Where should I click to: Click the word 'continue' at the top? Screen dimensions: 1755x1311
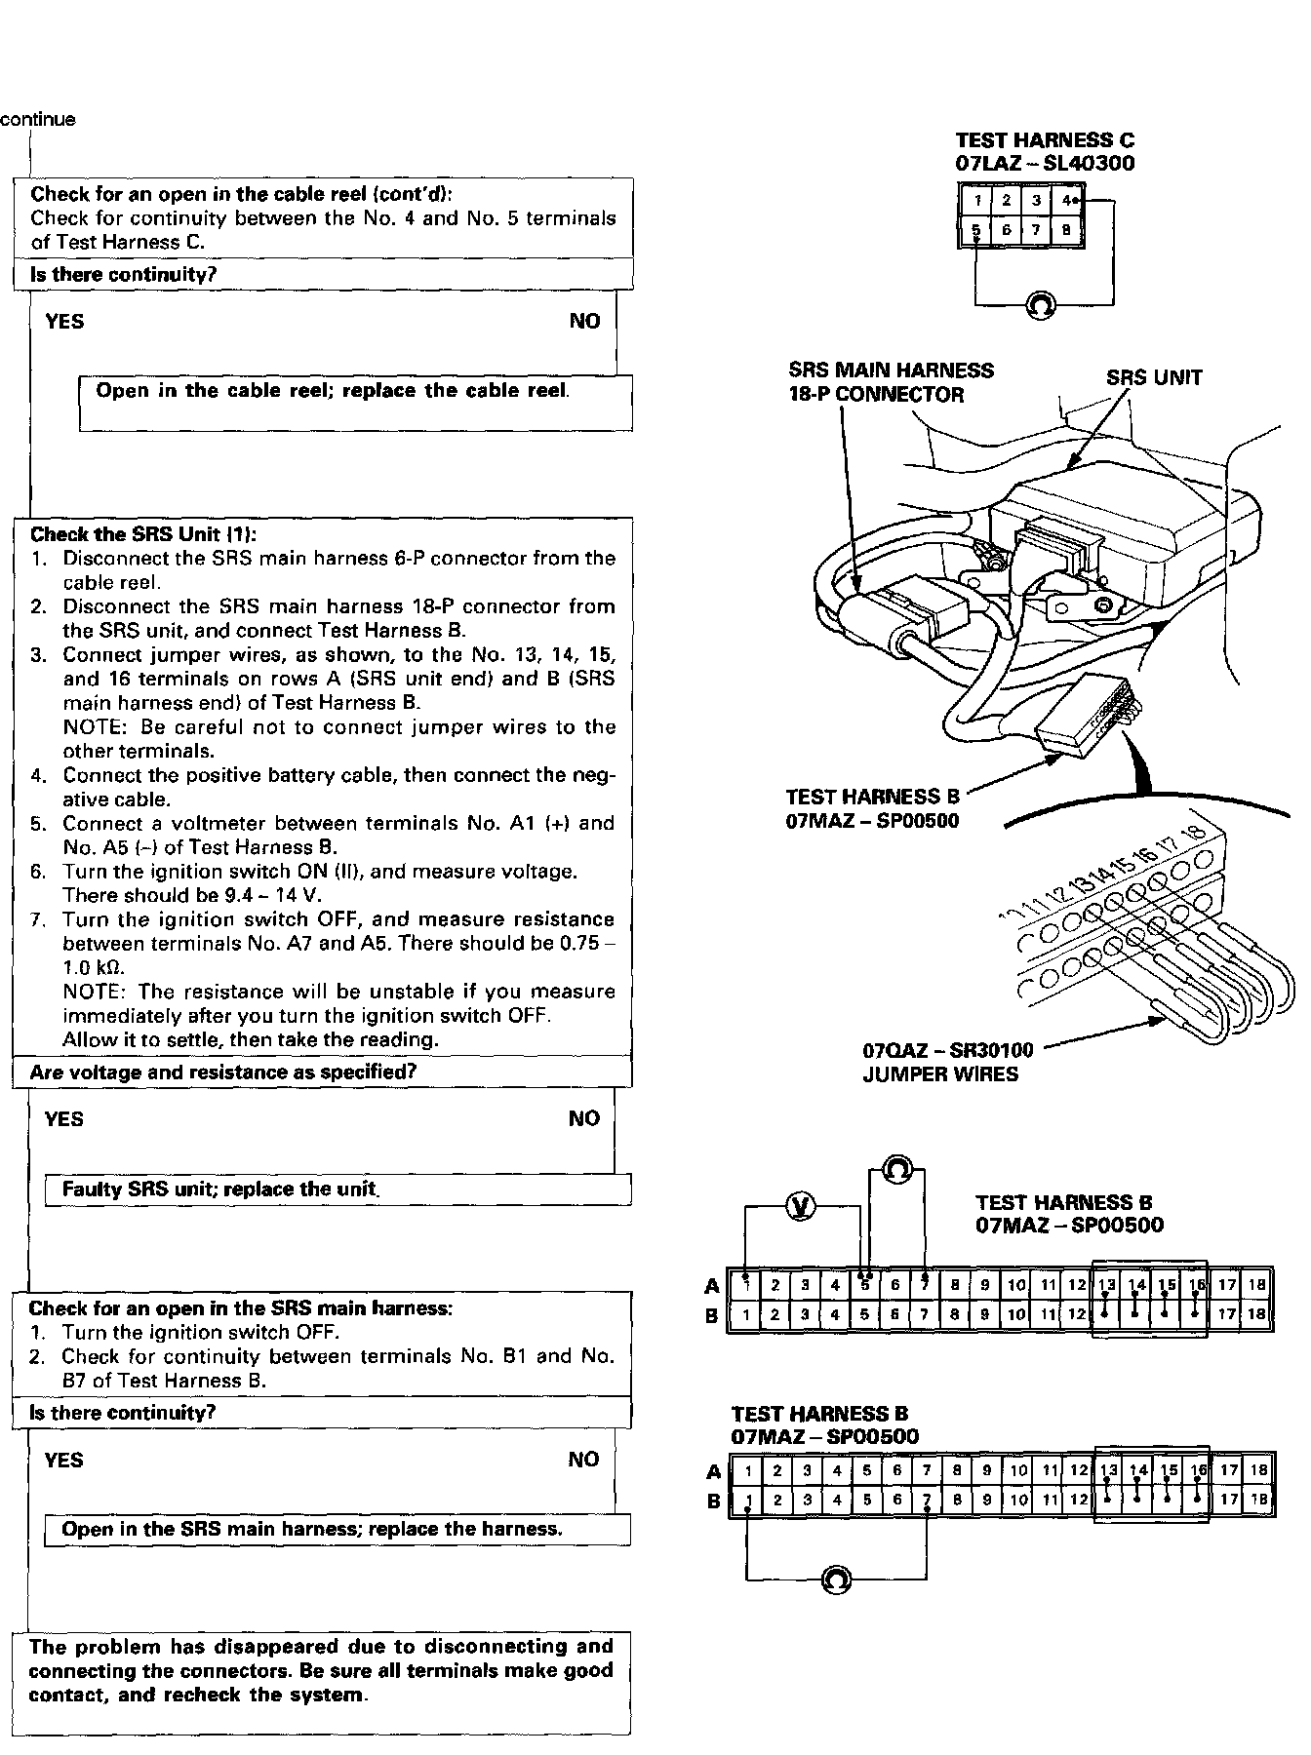coord(37,120)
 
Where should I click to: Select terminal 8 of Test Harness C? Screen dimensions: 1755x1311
coord(1066,231)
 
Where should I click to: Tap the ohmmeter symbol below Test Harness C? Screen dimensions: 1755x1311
coord(1039,305)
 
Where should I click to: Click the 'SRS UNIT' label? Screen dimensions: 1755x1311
coord(1154,378)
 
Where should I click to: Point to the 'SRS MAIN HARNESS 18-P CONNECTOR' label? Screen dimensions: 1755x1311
coord(891,382)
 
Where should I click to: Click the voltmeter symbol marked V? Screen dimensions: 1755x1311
coord(801,1207)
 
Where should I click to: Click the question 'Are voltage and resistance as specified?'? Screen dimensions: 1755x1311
coord(223,1072)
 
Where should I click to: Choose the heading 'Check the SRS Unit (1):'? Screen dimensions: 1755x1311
coord(143,534)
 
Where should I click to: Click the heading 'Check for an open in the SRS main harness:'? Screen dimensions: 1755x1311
coord(240,1307)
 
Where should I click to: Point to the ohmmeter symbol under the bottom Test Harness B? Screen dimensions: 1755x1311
coord(836,1579)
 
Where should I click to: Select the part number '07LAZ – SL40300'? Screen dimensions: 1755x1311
coord(1045,164)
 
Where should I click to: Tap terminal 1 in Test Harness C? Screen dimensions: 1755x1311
coord(976,201)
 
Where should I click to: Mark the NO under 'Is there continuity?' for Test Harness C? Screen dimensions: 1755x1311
coord(584,322)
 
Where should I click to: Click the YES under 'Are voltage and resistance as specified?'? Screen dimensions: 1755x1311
coord(63,1119)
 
